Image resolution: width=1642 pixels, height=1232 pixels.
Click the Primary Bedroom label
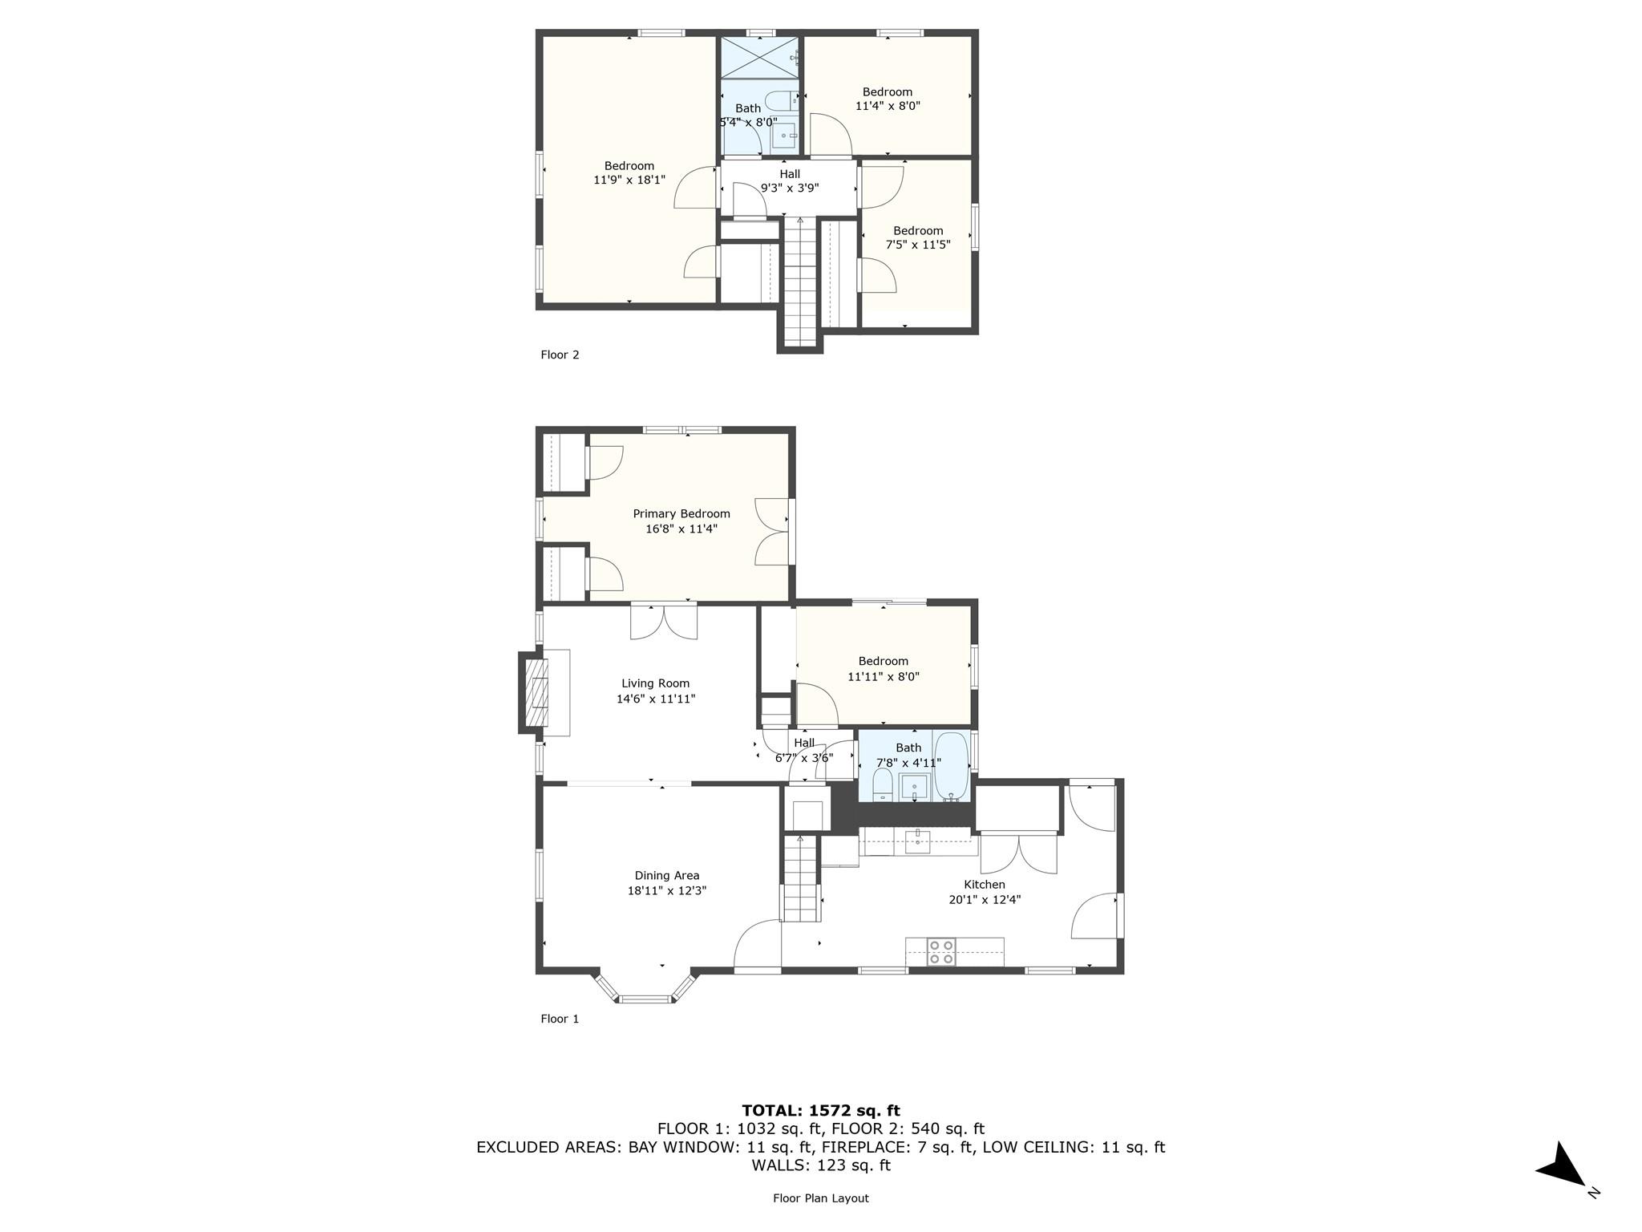pyautogui.click(x=681, y=514)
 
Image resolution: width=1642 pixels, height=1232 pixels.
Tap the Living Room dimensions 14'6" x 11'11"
pyautogui.click(x=655, y=699)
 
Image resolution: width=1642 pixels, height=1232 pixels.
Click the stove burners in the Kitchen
pyautogui.click(x=941, y=951)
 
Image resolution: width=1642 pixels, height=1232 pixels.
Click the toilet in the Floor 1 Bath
pyautogui.click(x=883, y=784)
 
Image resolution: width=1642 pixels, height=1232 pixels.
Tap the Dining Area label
pyautogui.click(x=666, y=876)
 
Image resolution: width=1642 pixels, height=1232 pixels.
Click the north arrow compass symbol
pyautogui.click(x=1561, y=1165)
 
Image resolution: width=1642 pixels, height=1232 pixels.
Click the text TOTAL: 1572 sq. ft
pyautogui.click(x=820, y=1110)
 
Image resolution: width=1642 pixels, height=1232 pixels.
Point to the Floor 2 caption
pyautogui.click(x=560, y=355)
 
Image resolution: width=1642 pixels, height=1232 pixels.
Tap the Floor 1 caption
pyautogui.click(x=560, y=1019)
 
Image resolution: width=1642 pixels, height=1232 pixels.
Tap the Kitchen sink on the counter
pyautogui.click(x=917, y=841)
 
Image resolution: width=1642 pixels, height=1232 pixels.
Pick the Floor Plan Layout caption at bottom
pyautogui.click(x=820, y=1198)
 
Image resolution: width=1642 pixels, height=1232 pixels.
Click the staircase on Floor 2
pyautogui.click(x=799, y=281)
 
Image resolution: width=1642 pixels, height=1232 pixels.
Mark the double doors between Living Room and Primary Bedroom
pyautogui.click(x=663, y=622)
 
